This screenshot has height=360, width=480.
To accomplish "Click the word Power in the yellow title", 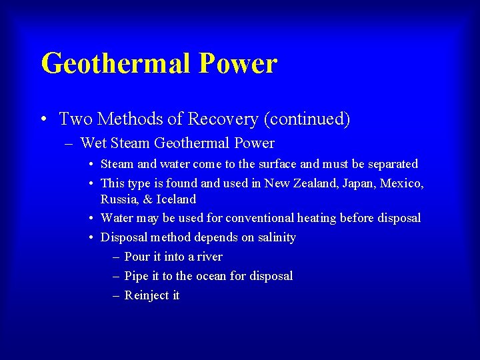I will click(x=237, y=64).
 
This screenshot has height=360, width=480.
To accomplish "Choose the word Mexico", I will click(x=401, y=183).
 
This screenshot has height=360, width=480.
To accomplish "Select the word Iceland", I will click(x=176, y=199).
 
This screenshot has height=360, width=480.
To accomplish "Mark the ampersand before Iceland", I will click(x=148, y=199).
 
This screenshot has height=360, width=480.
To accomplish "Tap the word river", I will click(x=209, y=257).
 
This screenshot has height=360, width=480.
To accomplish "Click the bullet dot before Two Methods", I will click(x=43, y=120).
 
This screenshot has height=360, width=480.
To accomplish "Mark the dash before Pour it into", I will click(x=117, y=257).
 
